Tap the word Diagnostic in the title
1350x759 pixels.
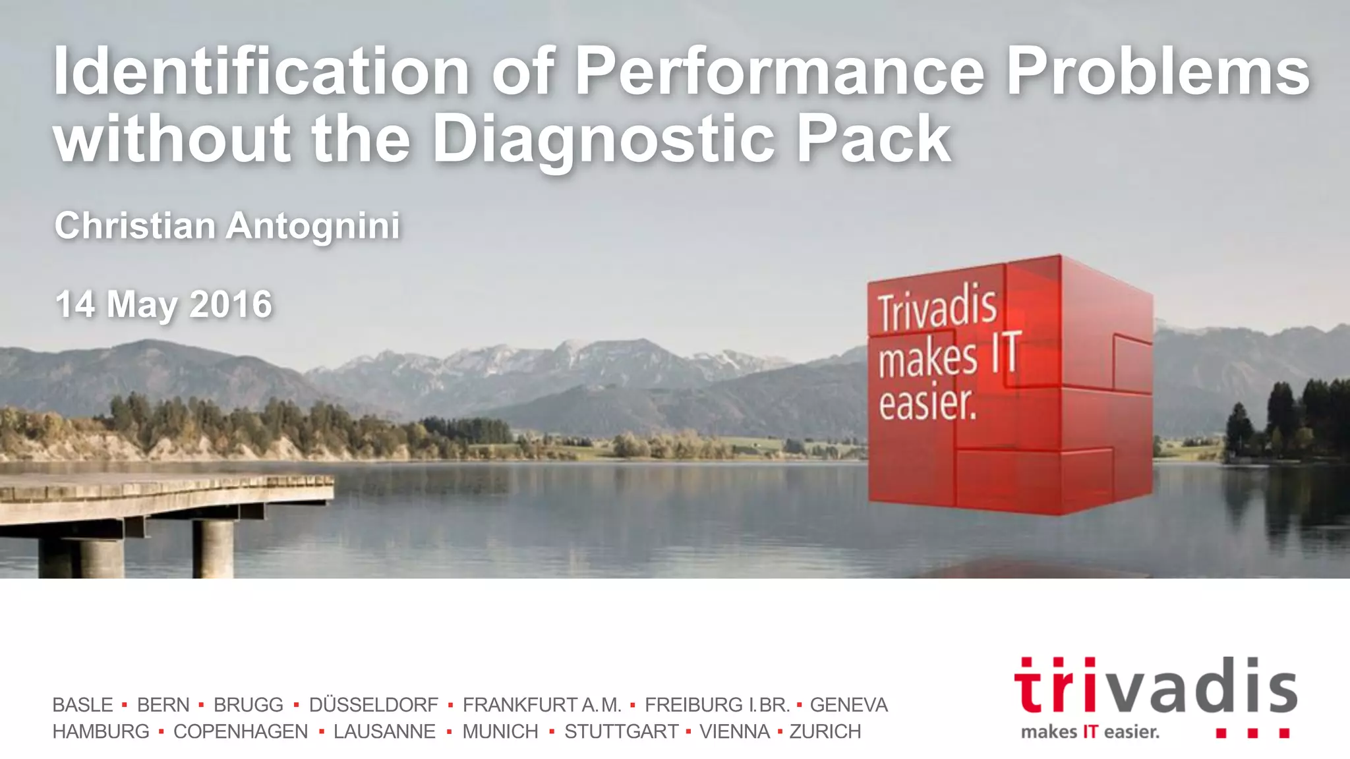[603, 140]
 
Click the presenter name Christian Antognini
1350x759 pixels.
[227, 226]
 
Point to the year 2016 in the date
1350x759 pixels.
[231, 304]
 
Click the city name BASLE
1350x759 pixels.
[82, 705]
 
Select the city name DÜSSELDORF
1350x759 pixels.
[373, 705]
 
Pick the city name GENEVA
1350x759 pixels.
[848, 705]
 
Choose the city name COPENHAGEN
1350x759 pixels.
[241, 732]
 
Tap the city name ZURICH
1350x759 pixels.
[825, 732]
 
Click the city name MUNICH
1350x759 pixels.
[500, 732]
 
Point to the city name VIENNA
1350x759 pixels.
[734, 732]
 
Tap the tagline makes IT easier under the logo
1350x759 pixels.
[1090, 732]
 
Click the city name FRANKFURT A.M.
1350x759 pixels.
[542, 705]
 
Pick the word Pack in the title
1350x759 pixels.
[873, 140]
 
